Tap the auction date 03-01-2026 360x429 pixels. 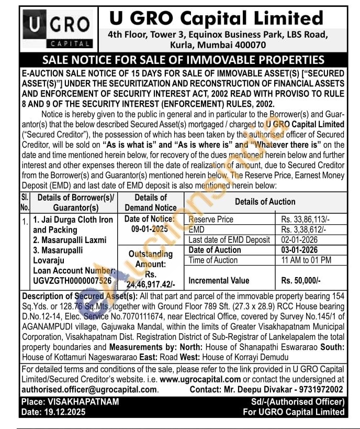coord(303,250)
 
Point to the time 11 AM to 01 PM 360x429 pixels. coord(306,260)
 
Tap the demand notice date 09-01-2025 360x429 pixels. coord(151,229)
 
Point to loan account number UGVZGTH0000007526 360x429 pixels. coord(72,281)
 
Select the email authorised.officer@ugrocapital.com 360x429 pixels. coord(89,389)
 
